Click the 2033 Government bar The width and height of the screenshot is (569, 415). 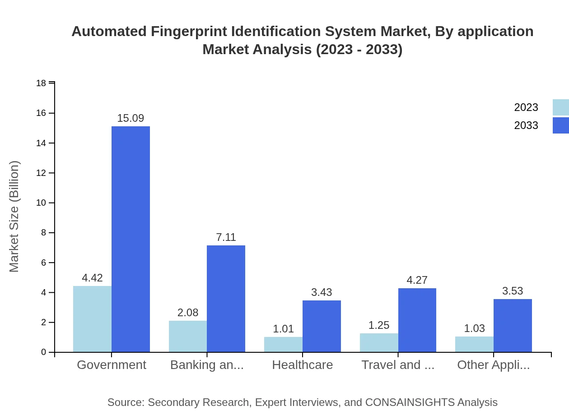click(x=131, y=239)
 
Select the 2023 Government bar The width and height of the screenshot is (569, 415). click(x=92, y=319)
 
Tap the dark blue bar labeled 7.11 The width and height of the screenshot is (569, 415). click(x=226, y=299)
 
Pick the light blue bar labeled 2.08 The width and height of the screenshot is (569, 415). click(x=188, y=337)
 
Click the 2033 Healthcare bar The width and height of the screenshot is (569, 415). click(x=322, y=326)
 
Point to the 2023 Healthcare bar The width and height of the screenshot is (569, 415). click(x=283, y=345)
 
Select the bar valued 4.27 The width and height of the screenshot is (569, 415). click(x=417, y=320)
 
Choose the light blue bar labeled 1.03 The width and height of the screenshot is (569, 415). click(x=474, y=344)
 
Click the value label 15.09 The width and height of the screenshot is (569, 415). click(x=131, y=118)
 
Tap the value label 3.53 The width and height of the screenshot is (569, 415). click(x=513, y=291)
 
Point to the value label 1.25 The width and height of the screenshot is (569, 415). click(x=379, y=325)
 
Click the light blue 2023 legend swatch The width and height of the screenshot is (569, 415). click(x=560, y=107)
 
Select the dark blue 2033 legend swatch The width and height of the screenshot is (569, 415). click(x=560, y=125)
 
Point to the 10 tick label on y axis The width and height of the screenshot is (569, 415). click(x=41, y=203)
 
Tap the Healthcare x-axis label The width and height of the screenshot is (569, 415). click(x=303, y=365)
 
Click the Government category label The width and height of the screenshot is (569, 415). click(x=112, y=365)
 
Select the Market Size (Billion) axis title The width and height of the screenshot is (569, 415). click(x=14, y=217)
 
